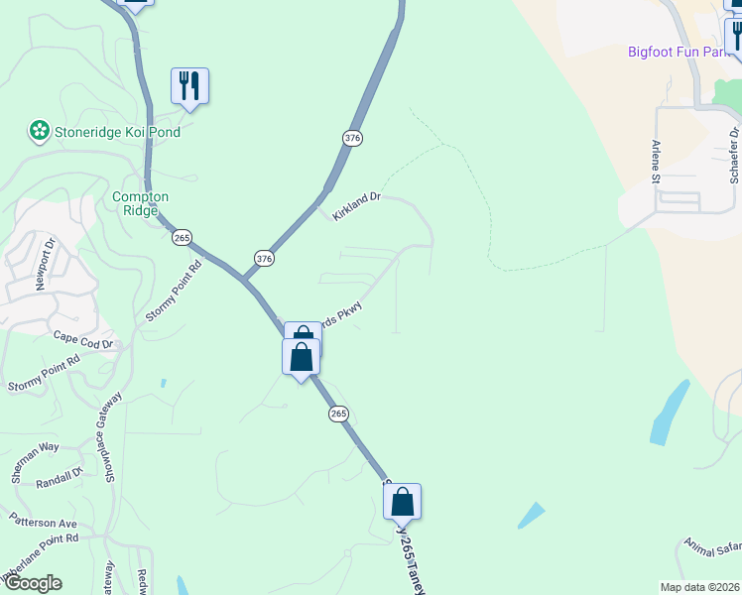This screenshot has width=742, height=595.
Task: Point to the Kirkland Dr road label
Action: (357, 205)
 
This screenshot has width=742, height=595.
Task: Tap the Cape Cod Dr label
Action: (85, 339)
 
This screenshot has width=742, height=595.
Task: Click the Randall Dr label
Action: (60, 477)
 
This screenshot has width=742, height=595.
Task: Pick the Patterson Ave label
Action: (43, 522)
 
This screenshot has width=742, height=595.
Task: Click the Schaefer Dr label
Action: (735, 155)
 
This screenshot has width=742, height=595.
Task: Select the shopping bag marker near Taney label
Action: (402, 502)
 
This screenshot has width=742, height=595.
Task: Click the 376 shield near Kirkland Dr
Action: (352, 138)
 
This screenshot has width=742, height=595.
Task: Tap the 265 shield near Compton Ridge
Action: (181, 238)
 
